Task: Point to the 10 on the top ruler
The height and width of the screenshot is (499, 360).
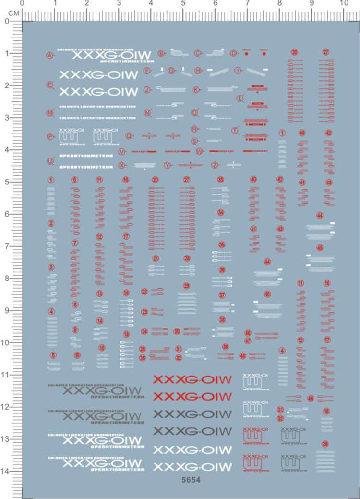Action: tap(344, 3)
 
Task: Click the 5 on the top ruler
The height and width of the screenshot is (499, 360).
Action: tap(183, 3)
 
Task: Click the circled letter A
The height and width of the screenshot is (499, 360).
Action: tap(49, 55)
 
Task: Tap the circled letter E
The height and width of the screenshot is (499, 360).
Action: tap(49, 85)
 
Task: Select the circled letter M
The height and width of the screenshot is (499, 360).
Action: tap(49, 113)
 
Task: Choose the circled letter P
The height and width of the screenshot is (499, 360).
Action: tap(49, 136)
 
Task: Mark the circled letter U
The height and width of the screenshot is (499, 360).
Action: tap(49, 161)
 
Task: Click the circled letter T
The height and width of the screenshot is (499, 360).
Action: tap(235, 130)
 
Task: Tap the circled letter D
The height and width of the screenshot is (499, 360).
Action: tap(234, 53)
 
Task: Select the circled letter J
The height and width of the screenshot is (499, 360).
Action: tap(147, 89)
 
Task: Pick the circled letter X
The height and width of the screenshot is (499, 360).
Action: tap(122, 165)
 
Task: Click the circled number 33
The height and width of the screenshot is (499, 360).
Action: tap(220, 180)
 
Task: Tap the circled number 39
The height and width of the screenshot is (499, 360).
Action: tap(226, 347)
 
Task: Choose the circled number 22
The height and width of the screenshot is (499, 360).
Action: tap(144, 292)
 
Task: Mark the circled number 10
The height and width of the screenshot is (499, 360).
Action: tap(77, 355)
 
